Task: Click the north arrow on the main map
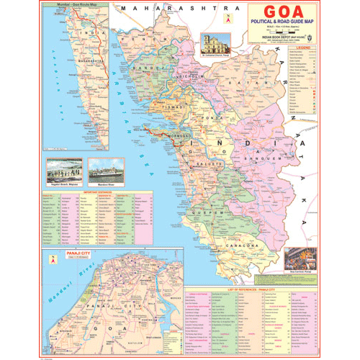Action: click(x=228, y=19)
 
